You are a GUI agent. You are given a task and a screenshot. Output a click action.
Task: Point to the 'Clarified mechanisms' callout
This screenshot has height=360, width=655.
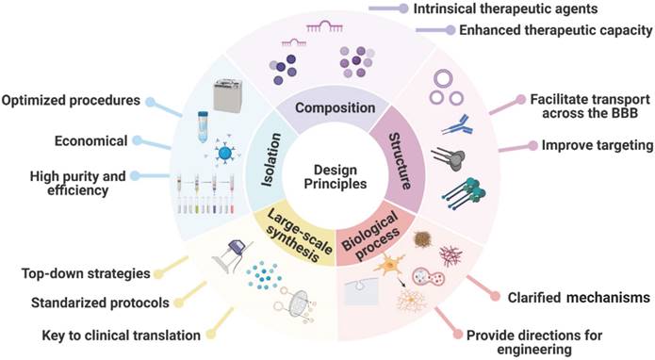[x=573, y=298]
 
